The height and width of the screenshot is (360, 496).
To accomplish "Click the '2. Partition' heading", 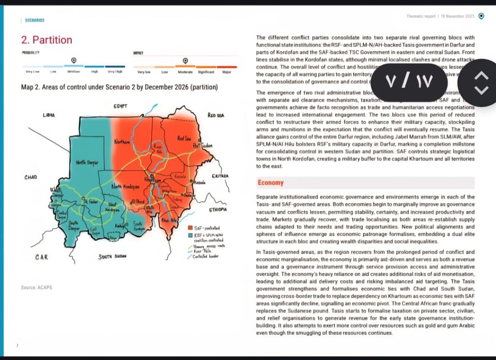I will tap(46, 40).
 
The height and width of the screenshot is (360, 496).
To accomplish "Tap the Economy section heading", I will tap(270, 183).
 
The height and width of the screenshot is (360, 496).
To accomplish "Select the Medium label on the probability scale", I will tap(74, 72).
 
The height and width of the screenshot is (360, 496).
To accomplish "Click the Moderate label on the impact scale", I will tap(185, 72).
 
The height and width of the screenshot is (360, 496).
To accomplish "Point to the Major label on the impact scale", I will tap(227, 72).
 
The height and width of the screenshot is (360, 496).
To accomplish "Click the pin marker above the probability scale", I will tap(74, 60).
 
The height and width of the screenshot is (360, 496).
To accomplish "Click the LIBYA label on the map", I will tap(49, 115).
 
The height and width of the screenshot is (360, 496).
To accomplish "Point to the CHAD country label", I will tap(31, 178).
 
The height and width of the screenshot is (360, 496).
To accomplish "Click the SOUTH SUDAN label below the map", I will tap(112, 256).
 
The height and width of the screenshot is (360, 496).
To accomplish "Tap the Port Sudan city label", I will tap(202, 145).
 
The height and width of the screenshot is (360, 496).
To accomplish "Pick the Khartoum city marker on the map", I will tap(152, 176).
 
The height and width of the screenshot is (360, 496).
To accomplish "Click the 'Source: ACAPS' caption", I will tap(36, 288).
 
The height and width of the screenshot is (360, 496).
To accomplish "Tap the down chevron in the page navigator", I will tap(480, 90).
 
